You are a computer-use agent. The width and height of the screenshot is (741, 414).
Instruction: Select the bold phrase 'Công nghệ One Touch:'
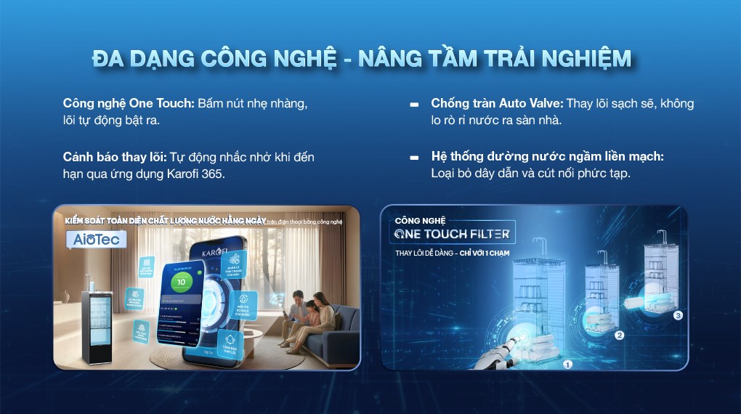129,103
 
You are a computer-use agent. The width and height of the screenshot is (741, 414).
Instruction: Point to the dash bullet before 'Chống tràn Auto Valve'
414,105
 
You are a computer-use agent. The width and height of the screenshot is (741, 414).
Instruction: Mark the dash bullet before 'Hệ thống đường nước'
414,158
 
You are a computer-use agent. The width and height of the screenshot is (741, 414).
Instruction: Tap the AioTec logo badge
97,239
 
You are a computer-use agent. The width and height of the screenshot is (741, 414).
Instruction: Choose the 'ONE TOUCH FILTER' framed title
454,233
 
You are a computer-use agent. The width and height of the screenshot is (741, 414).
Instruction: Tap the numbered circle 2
619,335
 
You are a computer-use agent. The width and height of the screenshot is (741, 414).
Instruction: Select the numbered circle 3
678,316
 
